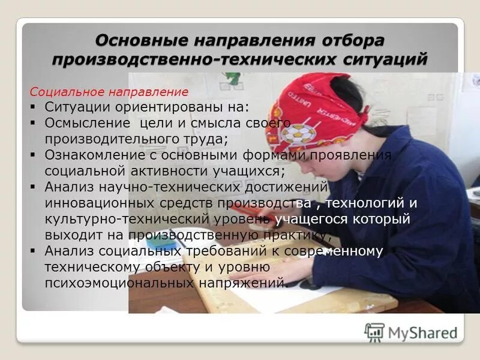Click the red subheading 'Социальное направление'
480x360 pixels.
(x=109, y=92)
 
